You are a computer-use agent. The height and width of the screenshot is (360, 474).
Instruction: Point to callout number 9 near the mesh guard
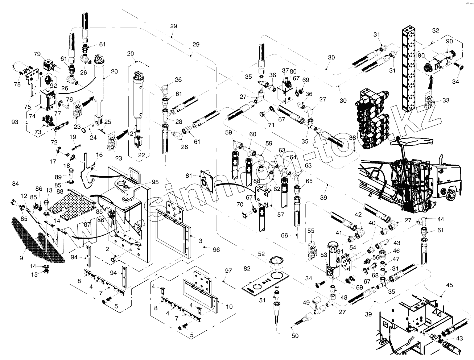click(x=21, y=258)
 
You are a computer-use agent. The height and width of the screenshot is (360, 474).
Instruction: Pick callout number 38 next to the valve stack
click(x=352, y=138)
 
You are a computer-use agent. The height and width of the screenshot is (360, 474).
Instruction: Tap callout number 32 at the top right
click(x=436, y=30)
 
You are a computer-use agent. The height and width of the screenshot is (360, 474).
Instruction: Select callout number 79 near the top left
click(x=37, y=54)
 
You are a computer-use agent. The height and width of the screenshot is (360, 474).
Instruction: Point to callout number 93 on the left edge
click(x=15, y=122)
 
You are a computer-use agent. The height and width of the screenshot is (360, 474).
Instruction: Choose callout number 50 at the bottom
click(x=295, y=336)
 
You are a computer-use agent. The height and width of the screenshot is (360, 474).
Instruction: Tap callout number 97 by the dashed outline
click(x=228, y=271)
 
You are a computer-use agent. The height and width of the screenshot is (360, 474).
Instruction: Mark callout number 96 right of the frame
click(x=217, y=249)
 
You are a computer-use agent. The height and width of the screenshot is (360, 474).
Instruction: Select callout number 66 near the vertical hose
click(x=284, y=235)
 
